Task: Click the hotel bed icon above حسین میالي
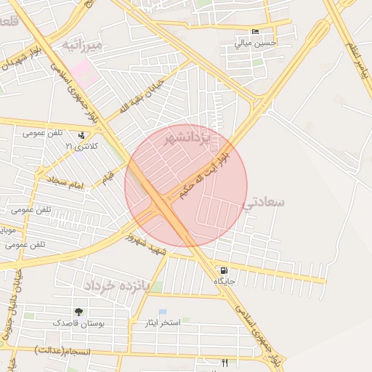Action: point(254,33)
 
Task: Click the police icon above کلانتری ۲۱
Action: point(81,135)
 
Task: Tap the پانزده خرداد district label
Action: point(116,285)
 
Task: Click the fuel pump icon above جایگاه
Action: point(223,270)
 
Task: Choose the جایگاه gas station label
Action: point(225,281)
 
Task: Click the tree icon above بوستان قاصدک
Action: point(78,312)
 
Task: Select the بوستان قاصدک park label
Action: point(78,322)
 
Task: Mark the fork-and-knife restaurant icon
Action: point(225,363)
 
